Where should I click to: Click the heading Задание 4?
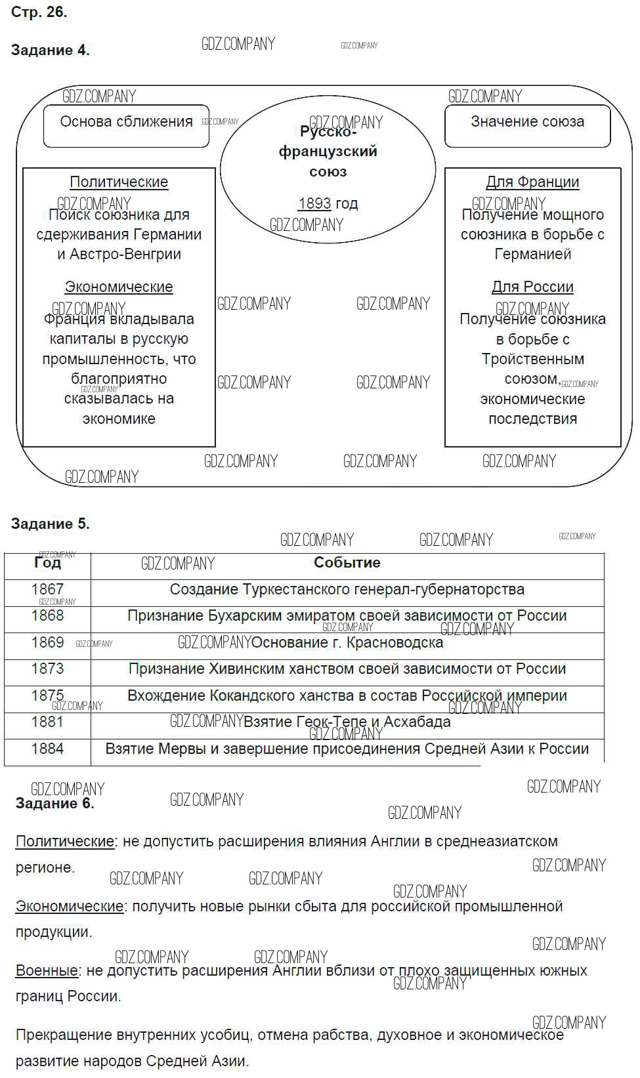tap(51, 51)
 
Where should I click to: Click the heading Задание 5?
tap(51, 524)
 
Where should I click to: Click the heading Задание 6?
tap(55, 803)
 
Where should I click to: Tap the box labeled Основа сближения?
tap(126, 125)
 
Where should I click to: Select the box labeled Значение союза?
tap(527, 125)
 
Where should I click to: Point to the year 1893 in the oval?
tap(314, 203)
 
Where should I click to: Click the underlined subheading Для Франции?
tap(532, 182)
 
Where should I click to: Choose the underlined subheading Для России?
tap(532, 287)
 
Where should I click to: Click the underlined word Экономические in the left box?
tap(119, 287)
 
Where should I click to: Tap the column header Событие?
tap(347, 562)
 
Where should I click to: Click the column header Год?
tap(47, 563)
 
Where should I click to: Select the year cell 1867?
tap(47, 589)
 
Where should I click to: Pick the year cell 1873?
tap(47, 669)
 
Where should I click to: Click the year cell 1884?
tap(47, 749)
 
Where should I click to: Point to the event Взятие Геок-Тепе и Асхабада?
tap(347, 722)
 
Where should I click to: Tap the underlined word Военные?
tap(47, 970)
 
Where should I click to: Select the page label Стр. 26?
tap(39, 12)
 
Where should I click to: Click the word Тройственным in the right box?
tap(532, 359)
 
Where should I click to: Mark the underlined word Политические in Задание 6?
tap(64, 841)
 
